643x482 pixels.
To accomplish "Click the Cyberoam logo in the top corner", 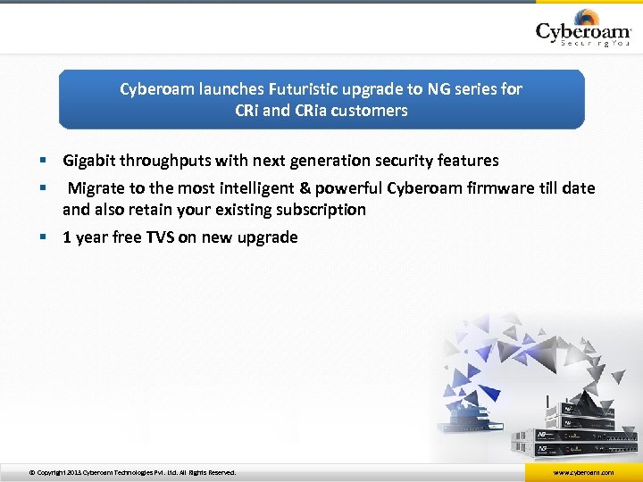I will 582,30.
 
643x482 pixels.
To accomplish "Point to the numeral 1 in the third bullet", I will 67,237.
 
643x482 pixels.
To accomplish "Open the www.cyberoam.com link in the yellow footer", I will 583,472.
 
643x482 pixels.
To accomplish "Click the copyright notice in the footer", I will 132,472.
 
